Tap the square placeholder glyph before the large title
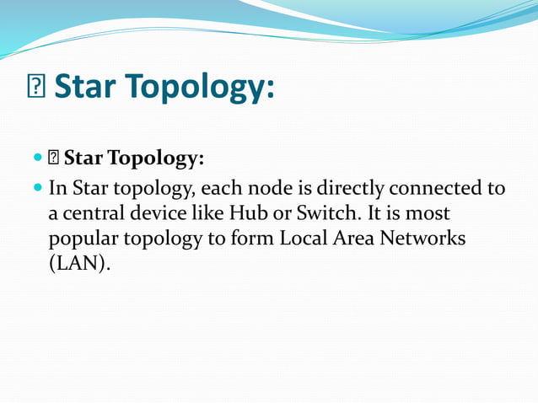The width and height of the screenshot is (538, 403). pos(37,88)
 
